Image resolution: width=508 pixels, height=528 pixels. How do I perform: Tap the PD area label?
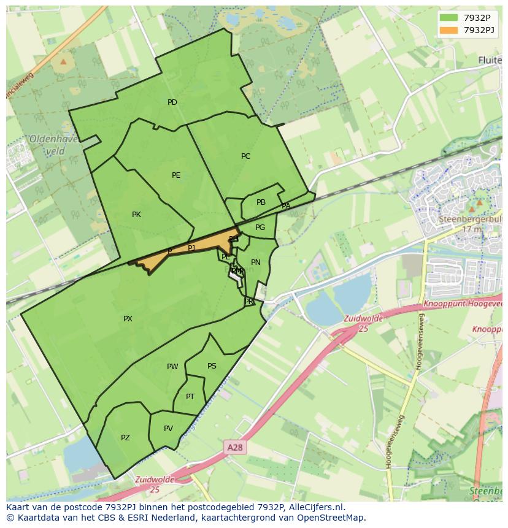click(172, 102)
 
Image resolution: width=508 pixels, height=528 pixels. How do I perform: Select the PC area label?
click(246, 156)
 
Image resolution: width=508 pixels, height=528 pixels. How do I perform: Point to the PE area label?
click(176, 175)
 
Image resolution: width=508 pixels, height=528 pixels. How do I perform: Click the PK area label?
click(136, 215)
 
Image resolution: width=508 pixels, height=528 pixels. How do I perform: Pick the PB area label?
click(261, 202)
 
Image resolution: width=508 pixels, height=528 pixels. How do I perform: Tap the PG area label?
click(260, 228)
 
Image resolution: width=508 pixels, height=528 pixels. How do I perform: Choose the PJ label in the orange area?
click(191, 248)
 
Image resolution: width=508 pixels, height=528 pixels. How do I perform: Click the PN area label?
click(256, 262)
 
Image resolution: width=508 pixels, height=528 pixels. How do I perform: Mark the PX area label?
click(128, 319)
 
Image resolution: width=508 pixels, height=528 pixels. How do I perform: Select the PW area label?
click(172, 367)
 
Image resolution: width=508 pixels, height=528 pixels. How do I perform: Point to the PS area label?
click(212, 366)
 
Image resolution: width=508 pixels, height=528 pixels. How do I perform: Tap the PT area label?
click(190, 397)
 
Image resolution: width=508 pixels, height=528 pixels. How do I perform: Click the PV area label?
click(168, 429)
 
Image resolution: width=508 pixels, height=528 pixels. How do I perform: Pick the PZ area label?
click(125, 438)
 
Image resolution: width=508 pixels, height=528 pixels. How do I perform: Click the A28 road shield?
click(234, 448)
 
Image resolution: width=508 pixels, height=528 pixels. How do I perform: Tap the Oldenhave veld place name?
click(53, 145)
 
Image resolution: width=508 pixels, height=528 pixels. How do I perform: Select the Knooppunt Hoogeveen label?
click(463, 304)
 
